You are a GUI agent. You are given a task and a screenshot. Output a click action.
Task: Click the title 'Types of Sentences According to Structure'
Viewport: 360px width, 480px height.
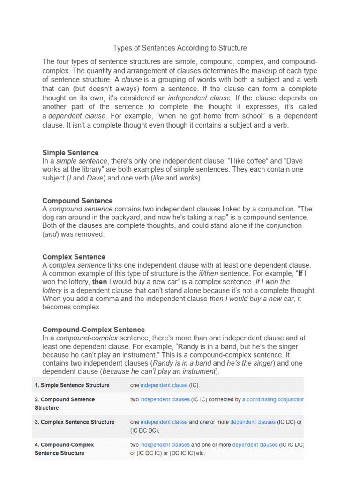point(180,48)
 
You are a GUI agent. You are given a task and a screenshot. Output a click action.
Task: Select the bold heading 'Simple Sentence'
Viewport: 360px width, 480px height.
point(70,152)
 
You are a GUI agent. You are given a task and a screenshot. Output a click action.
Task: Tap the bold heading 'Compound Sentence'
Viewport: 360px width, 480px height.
point(77,201)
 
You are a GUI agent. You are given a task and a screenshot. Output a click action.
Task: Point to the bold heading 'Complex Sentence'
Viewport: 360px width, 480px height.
point(74,257)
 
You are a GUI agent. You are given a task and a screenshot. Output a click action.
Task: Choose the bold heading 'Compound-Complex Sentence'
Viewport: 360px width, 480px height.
point(93,330)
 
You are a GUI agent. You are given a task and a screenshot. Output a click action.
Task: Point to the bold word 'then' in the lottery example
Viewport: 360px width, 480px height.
point(100,282)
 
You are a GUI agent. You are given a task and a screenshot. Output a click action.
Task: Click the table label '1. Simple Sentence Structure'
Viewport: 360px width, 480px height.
point(72,385)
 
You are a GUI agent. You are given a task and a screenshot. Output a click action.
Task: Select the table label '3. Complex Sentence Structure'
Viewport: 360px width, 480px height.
point(75,422)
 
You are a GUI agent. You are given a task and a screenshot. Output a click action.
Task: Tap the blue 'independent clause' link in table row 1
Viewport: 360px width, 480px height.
point(164,385)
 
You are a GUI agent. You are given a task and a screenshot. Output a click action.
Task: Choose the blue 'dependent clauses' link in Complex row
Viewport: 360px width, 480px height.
point(253,422)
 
